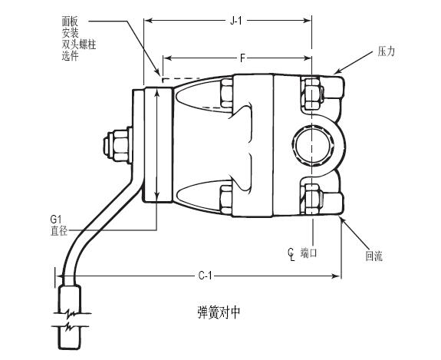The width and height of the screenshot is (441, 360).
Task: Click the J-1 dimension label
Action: [x=235, y=21]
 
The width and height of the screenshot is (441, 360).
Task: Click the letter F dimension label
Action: [x=242, y=58]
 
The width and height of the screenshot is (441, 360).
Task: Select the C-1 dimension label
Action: [x=205, y=276]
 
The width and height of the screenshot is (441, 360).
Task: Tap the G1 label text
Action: [x=56, y=219]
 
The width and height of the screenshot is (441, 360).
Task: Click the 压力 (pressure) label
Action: [x=386, y=51]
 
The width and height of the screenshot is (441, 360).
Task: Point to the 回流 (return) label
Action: [x=374, y=256]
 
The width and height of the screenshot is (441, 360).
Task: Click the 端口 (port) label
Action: [x=308, y=253]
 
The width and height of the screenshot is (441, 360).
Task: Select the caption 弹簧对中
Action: [x=219, y=312]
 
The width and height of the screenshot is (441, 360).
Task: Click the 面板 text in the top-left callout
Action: [x=70, y=21]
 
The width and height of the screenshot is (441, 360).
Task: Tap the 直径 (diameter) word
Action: [x=59, y=231]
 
